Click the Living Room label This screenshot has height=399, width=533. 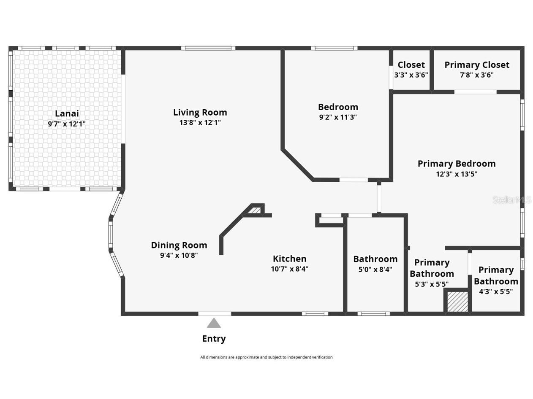point(200,112)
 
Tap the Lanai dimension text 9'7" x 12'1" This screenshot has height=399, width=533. point(67,124)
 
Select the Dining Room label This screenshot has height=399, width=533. point(179,245)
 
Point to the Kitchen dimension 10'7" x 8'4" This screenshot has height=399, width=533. point(289,269)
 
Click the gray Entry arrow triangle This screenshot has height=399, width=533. point(214,324)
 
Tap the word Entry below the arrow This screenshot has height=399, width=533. point(214,339)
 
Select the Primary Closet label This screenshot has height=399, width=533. point(476,65)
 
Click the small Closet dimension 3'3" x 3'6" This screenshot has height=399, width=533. point(411,75)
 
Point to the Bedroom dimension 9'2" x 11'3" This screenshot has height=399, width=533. point(338,117)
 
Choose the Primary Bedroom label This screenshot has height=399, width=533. point(456,164)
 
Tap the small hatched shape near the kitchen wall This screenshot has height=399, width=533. point(254,210)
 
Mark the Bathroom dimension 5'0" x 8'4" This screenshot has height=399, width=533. point(375,270)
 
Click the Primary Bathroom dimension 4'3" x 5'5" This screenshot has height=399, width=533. point(495,291)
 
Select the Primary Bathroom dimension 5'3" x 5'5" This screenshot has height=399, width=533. point(431,284)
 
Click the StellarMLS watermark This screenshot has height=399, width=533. point(511,200)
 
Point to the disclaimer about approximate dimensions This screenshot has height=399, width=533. point(266,357)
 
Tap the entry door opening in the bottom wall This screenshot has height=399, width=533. point(215,314)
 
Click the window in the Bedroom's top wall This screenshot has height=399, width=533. point(334,48)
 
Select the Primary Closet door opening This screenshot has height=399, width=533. point(475,92)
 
